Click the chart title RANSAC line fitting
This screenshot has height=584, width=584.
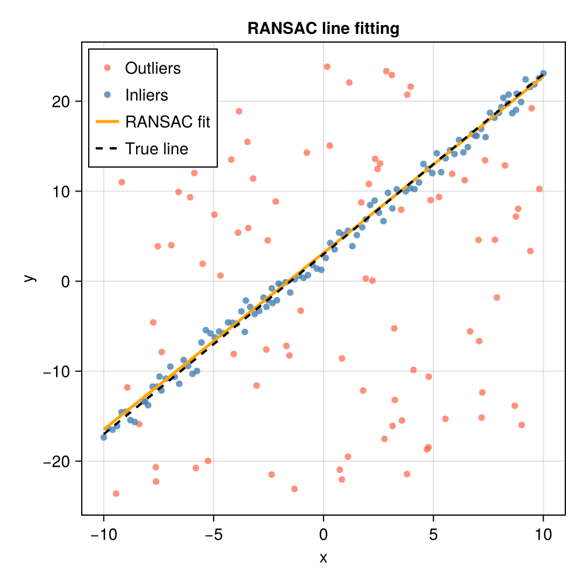point(323,29)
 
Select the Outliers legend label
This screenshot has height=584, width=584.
point(153,68)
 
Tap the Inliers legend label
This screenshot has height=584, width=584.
point(147,95)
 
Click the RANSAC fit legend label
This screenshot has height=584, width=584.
point(168,122)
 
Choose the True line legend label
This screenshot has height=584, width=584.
point(157,149)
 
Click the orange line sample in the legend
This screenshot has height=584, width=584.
point(107,122)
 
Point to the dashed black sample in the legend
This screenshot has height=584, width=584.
point(107,149)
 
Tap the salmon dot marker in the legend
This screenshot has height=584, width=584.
point(107,68)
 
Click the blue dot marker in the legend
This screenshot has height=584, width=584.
point(107,95)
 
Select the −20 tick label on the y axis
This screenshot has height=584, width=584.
point(57,461)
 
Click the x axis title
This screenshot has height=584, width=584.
point(323,558)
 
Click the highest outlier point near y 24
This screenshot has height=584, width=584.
point(327,67)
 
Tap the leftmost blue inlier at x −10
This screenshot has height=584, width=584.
point(103,437)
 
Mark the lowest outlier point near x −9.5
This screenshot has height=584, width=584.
point(116,493)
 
